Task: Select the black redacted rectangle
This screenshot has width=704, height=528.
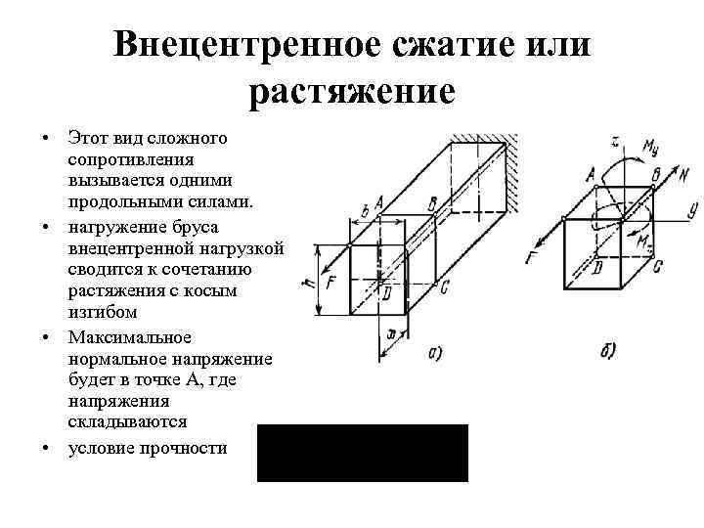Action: point(363,453)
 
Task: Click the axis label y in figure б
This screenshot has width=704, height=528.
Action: point(691,208)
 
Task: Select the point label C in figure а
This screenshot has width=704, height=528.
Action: point(445,286)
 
